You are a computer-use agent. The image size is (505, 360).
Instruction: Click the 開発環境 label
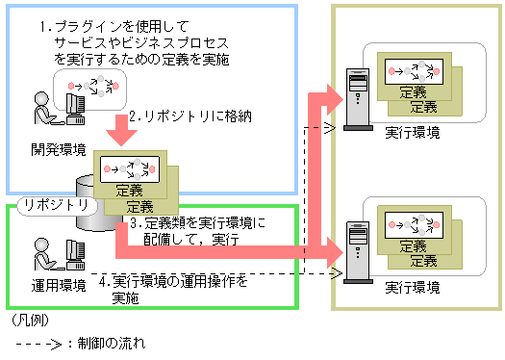(x=58, y=150)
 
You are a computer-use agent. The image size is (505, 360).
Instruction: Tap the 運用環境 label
(x=57, y=286)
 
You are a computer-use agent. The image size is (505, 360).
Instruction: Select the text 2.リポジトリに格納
(x=184, y=116)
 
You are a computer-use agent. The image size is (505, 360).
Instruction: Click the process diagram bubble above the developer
(x=88, y=87)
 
